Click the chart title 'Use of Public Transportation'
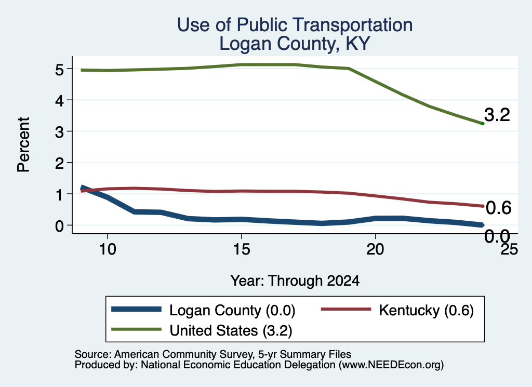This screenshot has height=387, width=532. [x=295, y=25]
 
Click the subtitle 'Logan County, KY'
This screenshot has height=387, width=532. [x=295, y=44]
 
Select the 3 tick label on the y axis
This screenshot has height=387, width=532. [x=59, y=131]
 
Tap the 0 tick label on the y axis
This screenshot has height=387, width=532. [x=59, y=225]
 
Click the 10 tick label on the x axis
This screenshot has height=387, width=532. [x=108, y=249]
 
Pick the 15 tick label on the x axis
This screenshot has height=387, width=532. [x=241, y=249]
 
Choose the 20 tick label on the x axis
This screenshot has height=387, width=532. [x=375, y=249]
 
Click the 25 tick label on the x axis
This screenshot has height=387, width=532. [x=510, y=249]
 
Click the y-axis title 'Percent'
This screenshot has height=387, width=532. [x=24, y=145]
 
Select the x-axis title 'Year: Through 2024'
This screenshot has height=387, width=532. [x=295, y=281]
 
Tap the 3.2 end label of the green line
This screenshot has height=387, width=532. [x=497, y=115]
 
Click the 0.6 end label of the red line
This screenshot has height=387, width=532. [x=498, y=208]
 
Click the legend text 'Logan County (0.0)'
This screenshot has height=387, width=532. [x=232, y=310]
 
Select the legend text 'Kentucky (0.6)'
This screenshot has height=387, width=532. [x=426, y=310]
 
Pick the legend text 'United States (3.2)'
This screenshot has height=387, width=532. [x=231, y=330]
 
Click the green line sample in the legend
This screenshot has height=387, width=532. [x=137, y=329]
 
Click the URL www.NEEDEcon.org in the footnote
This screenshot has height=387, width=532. [x=391, y=365]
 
